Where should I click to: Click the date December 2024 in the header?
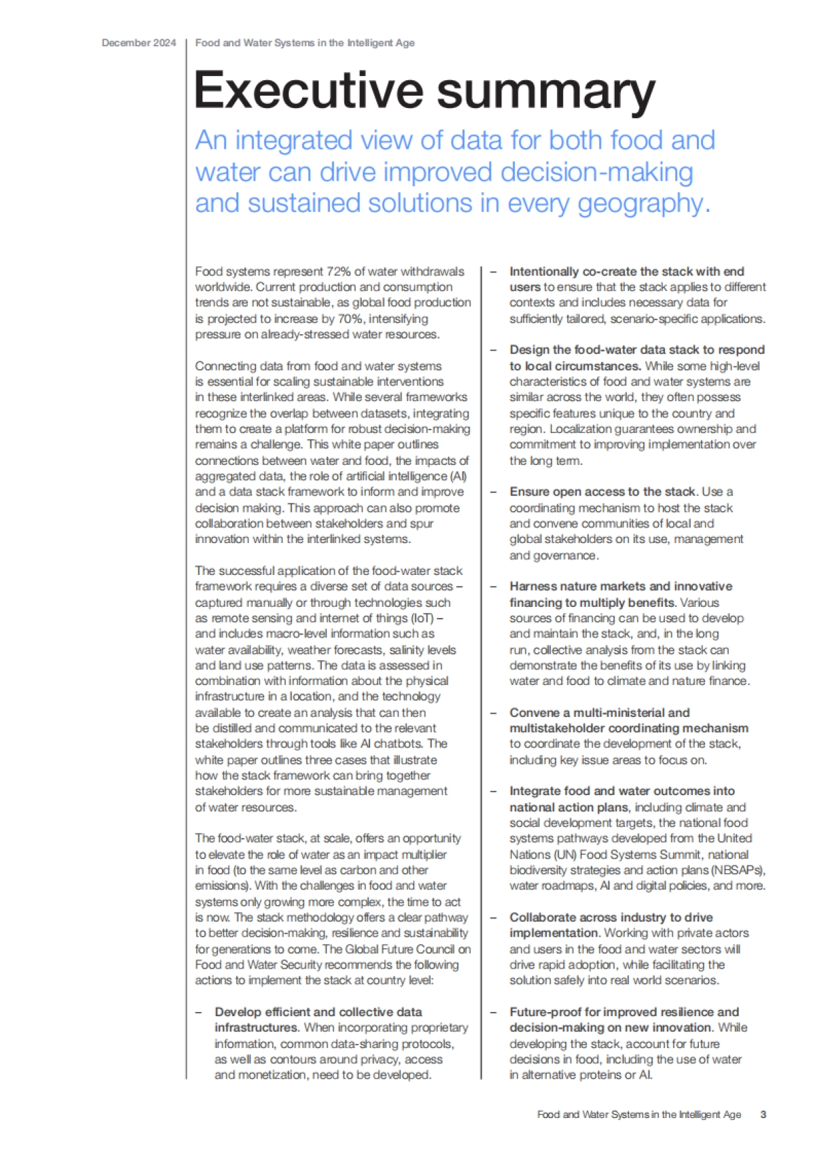(139, 43)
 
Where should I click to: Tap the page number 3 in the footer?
(763, 1115)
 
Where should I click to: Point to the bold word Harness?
(534, 587)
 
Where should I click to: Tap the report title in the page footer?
(638, 1115)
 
